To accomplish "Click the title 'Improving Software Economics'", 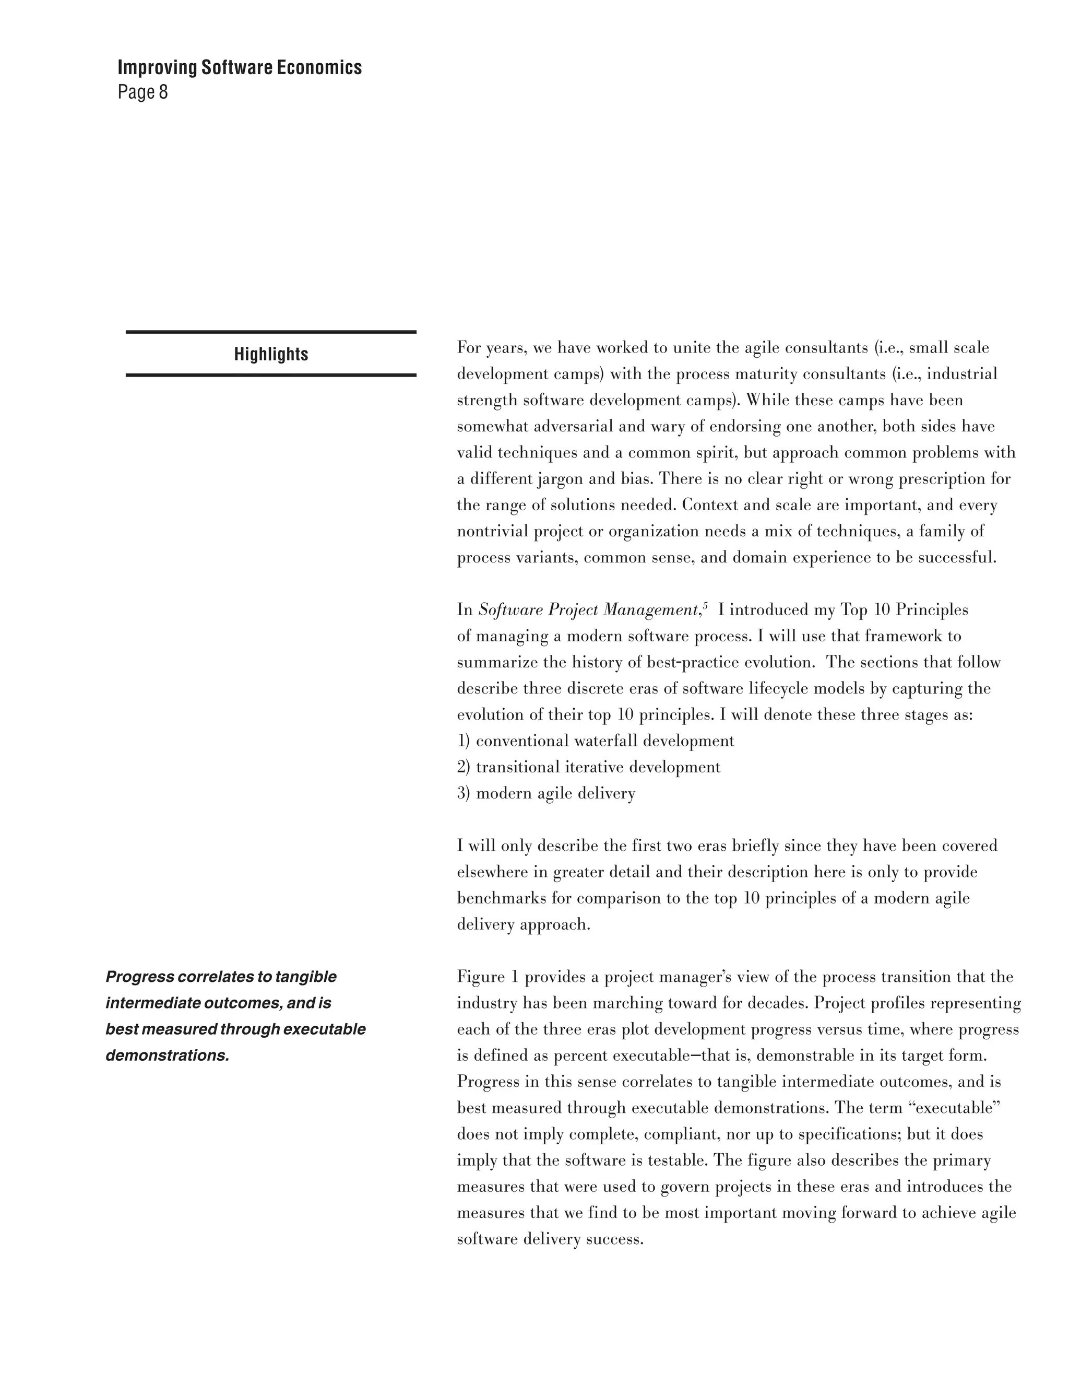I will click(240, 67).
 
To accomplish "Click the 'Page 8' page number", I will click(142, 92).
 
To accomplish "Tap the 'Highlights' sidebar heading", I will click(271, 354).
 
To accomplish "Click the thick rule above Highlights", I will click(271, 332).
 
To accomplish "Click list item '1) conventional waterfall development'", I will click(595, 741).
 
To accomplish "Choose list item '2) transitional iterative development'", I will click(588, 767).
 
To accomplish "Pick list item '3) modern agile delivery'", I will click(546, 793).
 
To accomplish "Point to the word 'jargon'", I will click(558, 479).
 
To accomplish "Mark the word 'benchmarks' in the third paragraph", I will click(502, 899).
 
